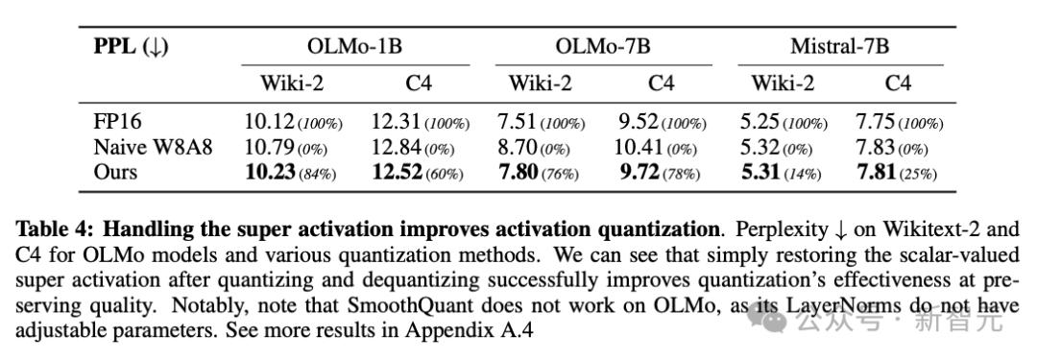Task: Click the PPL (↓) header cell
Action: pyautogui.click(x=131, y=48)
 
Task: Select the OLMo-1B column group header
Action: pyautogui.click(x=355, y=46)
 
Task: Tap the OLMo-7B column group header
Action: pyautogui.click(x=603, y=46)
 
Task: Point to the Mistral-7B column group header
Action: pyautogui.click(x=840, y=46)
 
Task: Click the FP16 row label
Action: pyautogui.click(x=118, y=123)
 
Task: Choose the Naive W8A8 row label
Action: pyautogui.click(x=154, y=147)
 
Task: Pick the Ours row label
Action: pyautogui.click(x=116, y=172)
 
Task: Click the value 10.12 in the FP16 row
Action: pyautogui.click(x=269, y=123)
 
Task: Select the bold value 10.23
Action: pyautogui.click(x=270, y=172)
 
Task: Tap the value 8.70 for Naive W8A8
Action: pyautogui.click(x=518, y=147)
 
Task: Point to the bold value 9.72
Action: pyautogui.click(x=639, y=172)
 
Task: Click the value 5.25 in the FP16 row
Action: pyautogui.click(x=760, y=123)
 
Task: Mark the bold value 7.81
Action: pyautogui.click(x=876, y=172)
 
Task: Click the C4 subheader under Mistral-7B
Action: pyautogui.click(x=898, y=84)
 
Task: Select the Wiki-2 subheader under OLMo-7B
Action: pyautogui.click(x=540, y=84)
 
